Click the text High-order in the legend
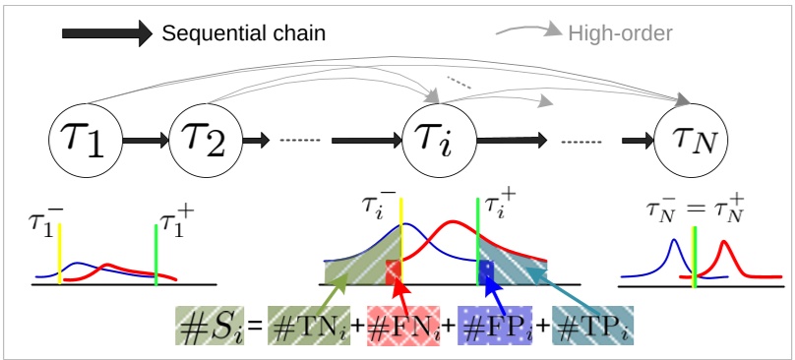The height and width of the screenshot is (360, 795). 620,33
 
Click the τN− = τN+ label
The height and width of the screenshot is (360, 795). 695,209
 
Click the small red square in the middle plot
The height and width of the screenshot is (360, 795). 394,269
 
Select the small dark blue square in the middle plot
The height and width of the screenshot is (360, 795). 486,269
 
